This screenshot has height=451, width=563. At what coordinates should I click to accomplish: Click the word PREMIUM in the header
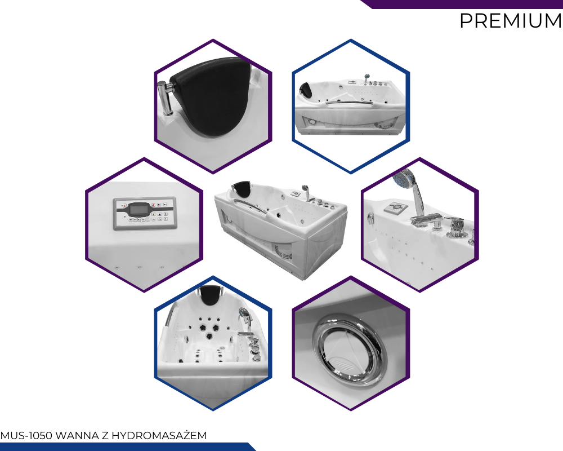(x=511, y=20)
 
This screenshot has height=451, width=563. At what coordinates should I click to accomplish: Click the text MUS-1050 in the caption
(x=26, y=436)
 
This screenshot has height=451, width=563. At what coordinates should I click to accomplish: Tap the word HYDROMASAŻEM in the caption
(x=159, y=435)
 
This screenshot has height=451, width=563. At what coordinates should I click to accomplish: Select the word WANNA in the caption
(x=77, y=436)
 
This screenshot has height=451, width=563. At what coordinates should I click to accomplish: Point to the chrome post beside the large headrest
(x=165, y=98)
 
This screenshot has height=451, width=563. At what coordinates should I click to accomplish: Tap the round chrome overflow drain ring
(x=347, y=348)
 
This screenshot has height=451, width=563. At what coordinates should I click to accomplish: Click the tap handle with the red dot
(x=456, y=227)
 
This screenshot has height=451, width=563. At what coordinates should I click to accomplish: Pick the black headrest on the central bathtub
(x=242, y=188)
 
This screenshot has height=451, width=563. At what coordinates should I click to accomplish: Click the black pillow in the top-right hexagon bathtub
(x=306, y=89)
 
